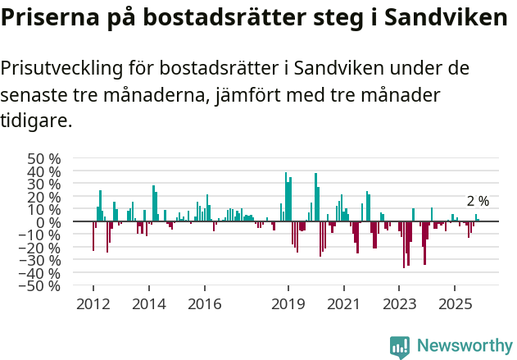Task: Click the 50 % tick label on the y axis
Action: point(43,158)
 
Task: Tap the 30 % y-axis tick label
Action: point(43,184)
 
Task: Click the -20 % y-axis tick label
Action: point(41,248)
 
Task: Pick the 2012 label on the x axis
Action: point(93,303)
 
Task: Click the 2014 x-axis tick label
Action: point(148,303)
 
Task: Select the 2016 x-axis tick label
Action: point(204,303)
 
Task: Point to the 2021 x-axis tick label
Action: point(343,303)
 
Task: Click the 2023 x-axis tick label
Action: point(399,303)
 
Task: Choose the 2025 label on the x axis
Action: point(455,303)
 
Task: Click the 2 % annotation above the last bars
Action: point(478,201)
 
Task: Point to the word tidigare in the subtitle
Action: point(35,121)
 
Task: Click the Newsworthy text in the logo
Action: point(465,345)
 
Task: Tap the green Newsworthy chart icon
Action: point(400,346)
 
